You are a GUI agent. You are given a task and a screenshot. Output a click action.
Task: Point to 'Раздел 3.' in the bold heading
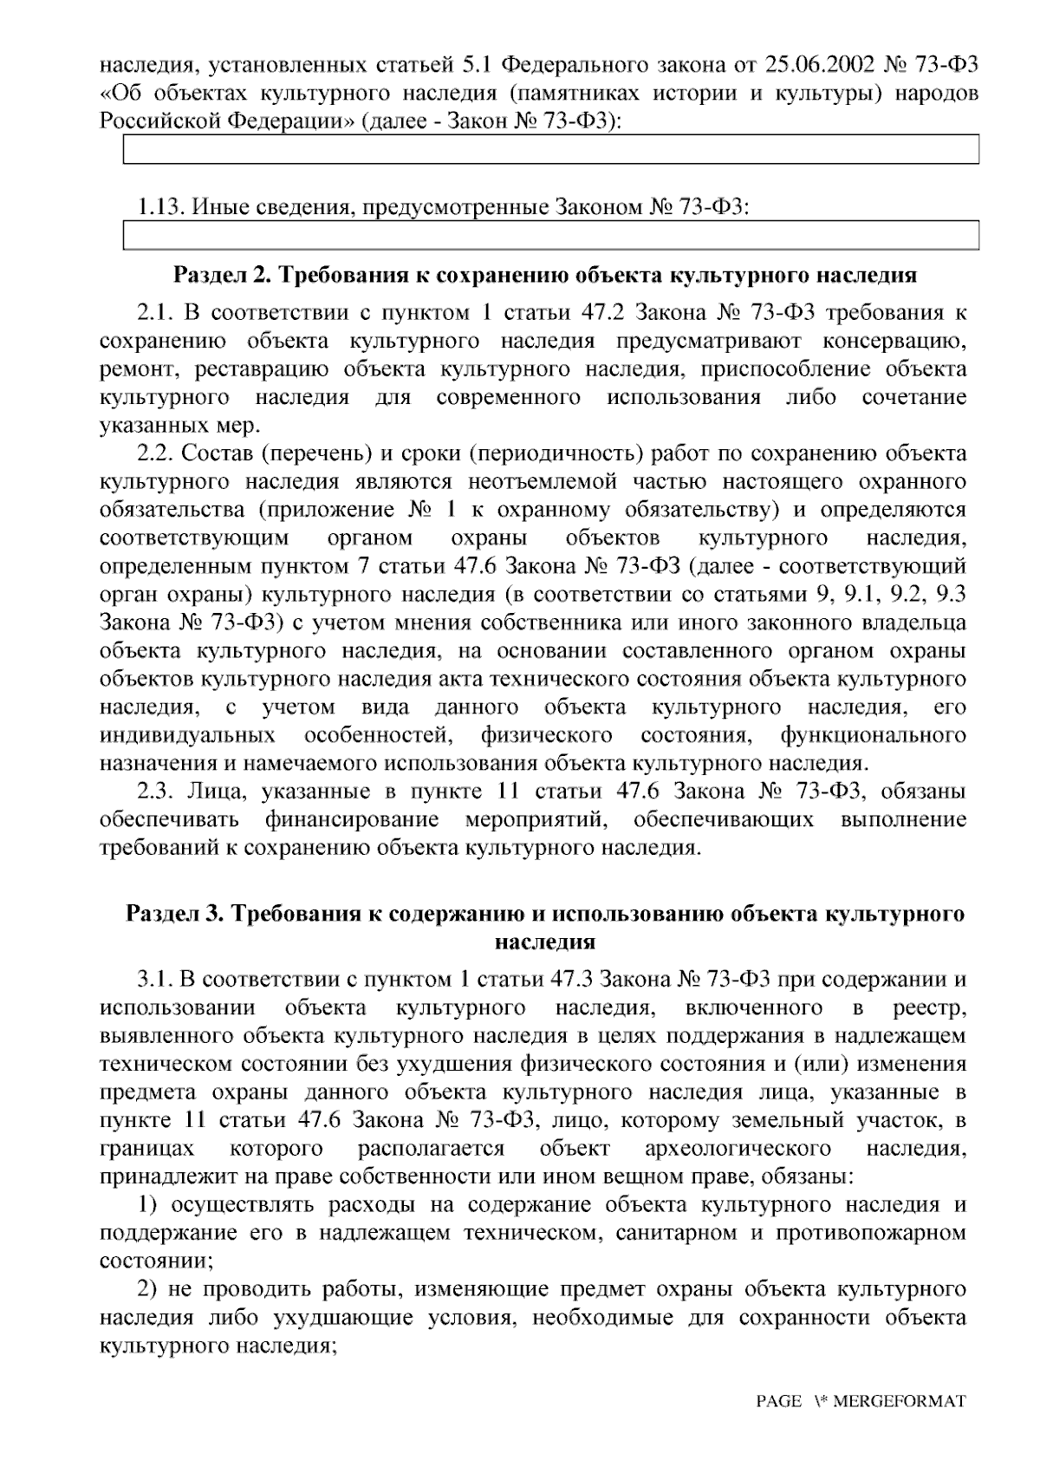[176, 914]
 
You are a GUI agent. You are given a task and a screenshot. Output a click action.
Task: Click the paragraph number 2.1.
[156, 312]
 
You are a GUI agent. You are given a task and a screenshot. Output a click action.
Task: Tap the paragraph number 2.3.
[156, 792]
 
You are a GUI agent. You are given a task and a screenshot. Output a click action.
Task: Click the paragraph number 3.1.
[156, 981]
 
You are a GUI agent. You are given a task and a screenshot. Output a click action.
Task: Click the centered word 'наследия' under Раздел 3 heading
[545, 942]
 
